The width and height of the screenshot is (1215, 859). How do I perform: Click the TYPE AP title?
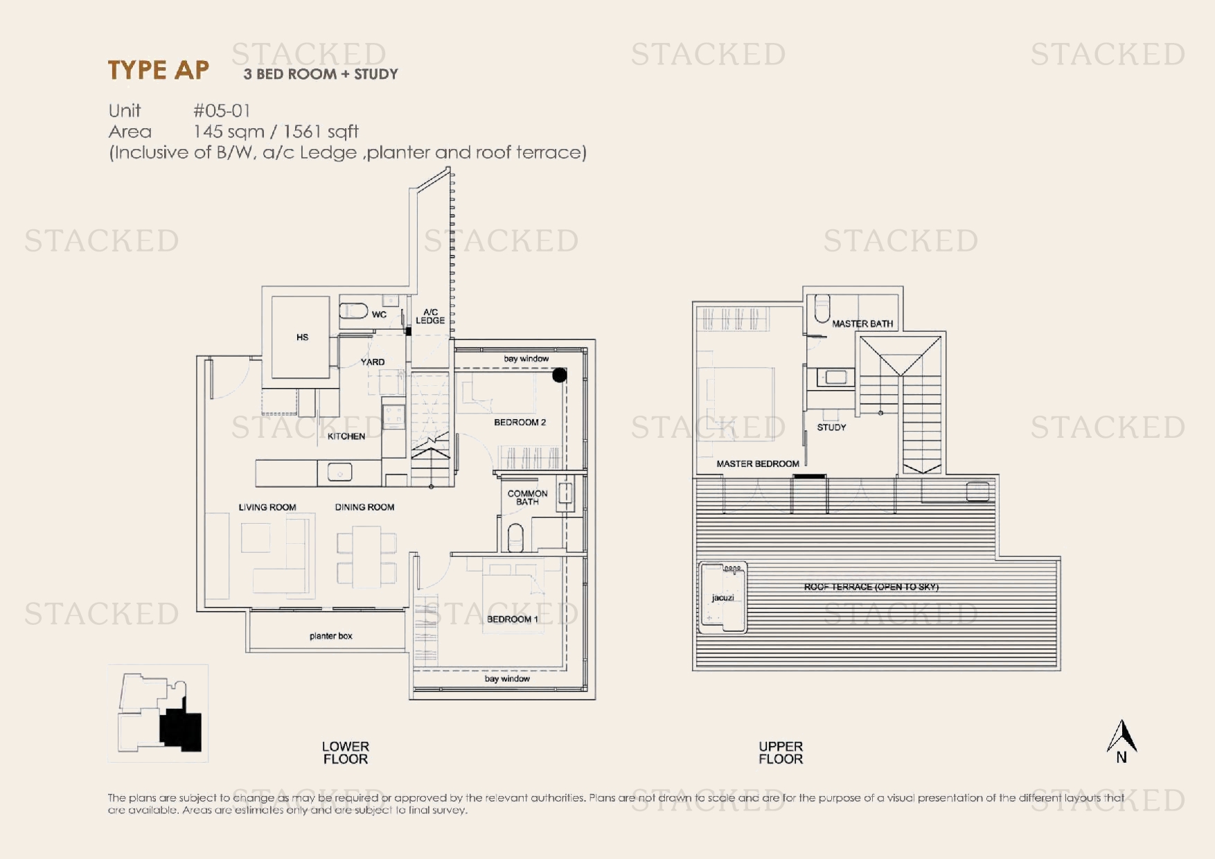click(x=159, y=70)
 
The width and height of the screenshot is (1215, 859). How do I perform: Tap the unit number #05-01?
click(x=222, y=111)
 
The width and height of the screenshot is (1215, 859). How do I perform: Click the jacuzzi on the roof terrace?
click(x=723, y=597)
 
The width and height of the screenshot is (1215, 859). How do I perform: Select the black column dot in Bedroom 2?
click(x=560, y=375)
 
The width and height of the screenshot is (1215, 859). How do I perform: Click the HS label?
click(x=303, y=337)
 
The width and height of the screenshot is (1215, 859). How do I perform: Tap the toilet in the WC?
click(x=353, y=310)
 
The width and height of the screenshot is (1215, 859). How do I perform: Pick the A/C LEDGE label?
click(x=430, y=317)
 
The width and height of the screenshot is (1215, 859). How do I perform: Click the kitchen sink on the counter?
click(x=339, y=472)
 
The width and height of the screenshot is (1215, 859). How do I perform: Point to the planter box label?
click(x=331, y=636)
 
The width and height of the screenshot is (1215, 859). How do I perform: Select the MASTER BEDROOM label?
click(x=758, y=464)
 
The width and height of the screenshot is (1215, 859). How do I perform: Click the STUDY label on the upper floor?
click(x=831, y=427)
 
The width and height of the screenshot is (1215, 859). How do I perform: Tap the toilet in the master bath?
click(x=822, y=309)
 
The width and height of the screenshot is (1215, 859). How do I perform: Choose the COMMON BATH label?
click(x=527, y=497)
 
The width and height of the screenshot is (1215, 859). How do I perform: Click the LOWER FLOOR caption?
click(x=346, y=753)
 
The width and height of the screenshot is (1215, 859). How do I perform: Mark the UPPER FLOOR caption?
click(x=781, y=753)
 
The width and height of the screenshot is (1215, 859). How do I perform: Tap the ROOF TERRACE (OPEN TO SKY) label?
click(x=871, y=587)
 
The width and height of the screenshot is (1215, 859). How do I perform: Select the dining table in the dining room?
click(x=366, y=556)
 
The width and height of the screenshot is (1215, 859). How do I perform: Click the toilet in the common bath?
click(x=515, y=538)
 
